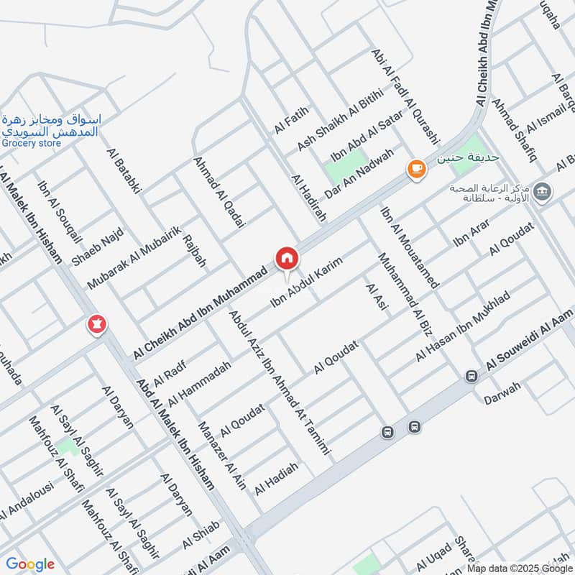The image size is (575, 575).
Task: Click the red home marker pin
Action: tap(286, 257)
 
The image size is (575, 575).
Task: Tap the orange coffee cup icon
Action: tap(416, 169)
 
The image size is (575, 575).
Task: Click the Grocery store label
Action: tap(31, 143)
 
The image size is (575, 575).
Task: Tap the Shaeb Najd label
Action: tap(90, 246)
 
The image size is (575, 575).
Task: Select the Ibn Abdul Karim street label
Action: tap(306, 283)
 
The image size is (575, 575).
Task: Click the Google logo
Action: tap(30, 564)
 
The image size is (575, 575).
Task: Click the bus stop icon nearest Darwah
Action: tap(471, 375)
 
